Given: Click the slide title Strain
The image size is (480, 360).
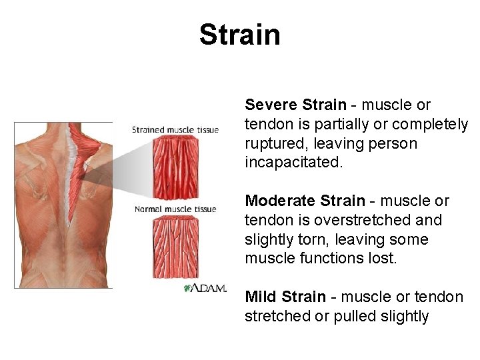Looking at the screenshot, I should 240,35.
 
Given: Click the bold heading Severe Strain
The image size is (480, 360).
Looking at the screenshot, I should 295,105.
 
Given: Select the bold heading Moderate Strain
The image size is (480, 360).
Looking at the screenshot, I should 304,201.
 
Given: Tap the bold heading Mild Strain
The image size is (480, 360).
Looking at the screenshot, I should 285,297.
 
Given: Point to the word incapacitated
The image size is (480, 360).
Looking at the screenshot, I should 293,163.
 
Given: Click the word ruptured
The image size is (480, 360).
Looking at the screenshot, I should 273,143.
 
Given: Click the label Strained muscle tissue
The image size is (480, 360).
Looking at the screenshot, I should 175,129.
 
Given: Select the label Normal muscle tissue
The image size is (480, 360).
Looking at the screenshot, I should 175,209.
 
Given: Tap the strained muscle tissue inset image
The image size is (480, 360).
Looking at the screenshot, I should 176,167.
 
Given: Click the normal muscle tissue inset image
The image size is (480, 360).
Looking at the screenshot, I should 176,247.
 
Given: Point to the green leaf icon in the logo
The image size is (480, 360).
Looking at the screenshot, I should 188,288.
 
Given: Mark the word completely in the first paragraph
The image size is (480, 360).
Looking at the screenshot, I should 430,125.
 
